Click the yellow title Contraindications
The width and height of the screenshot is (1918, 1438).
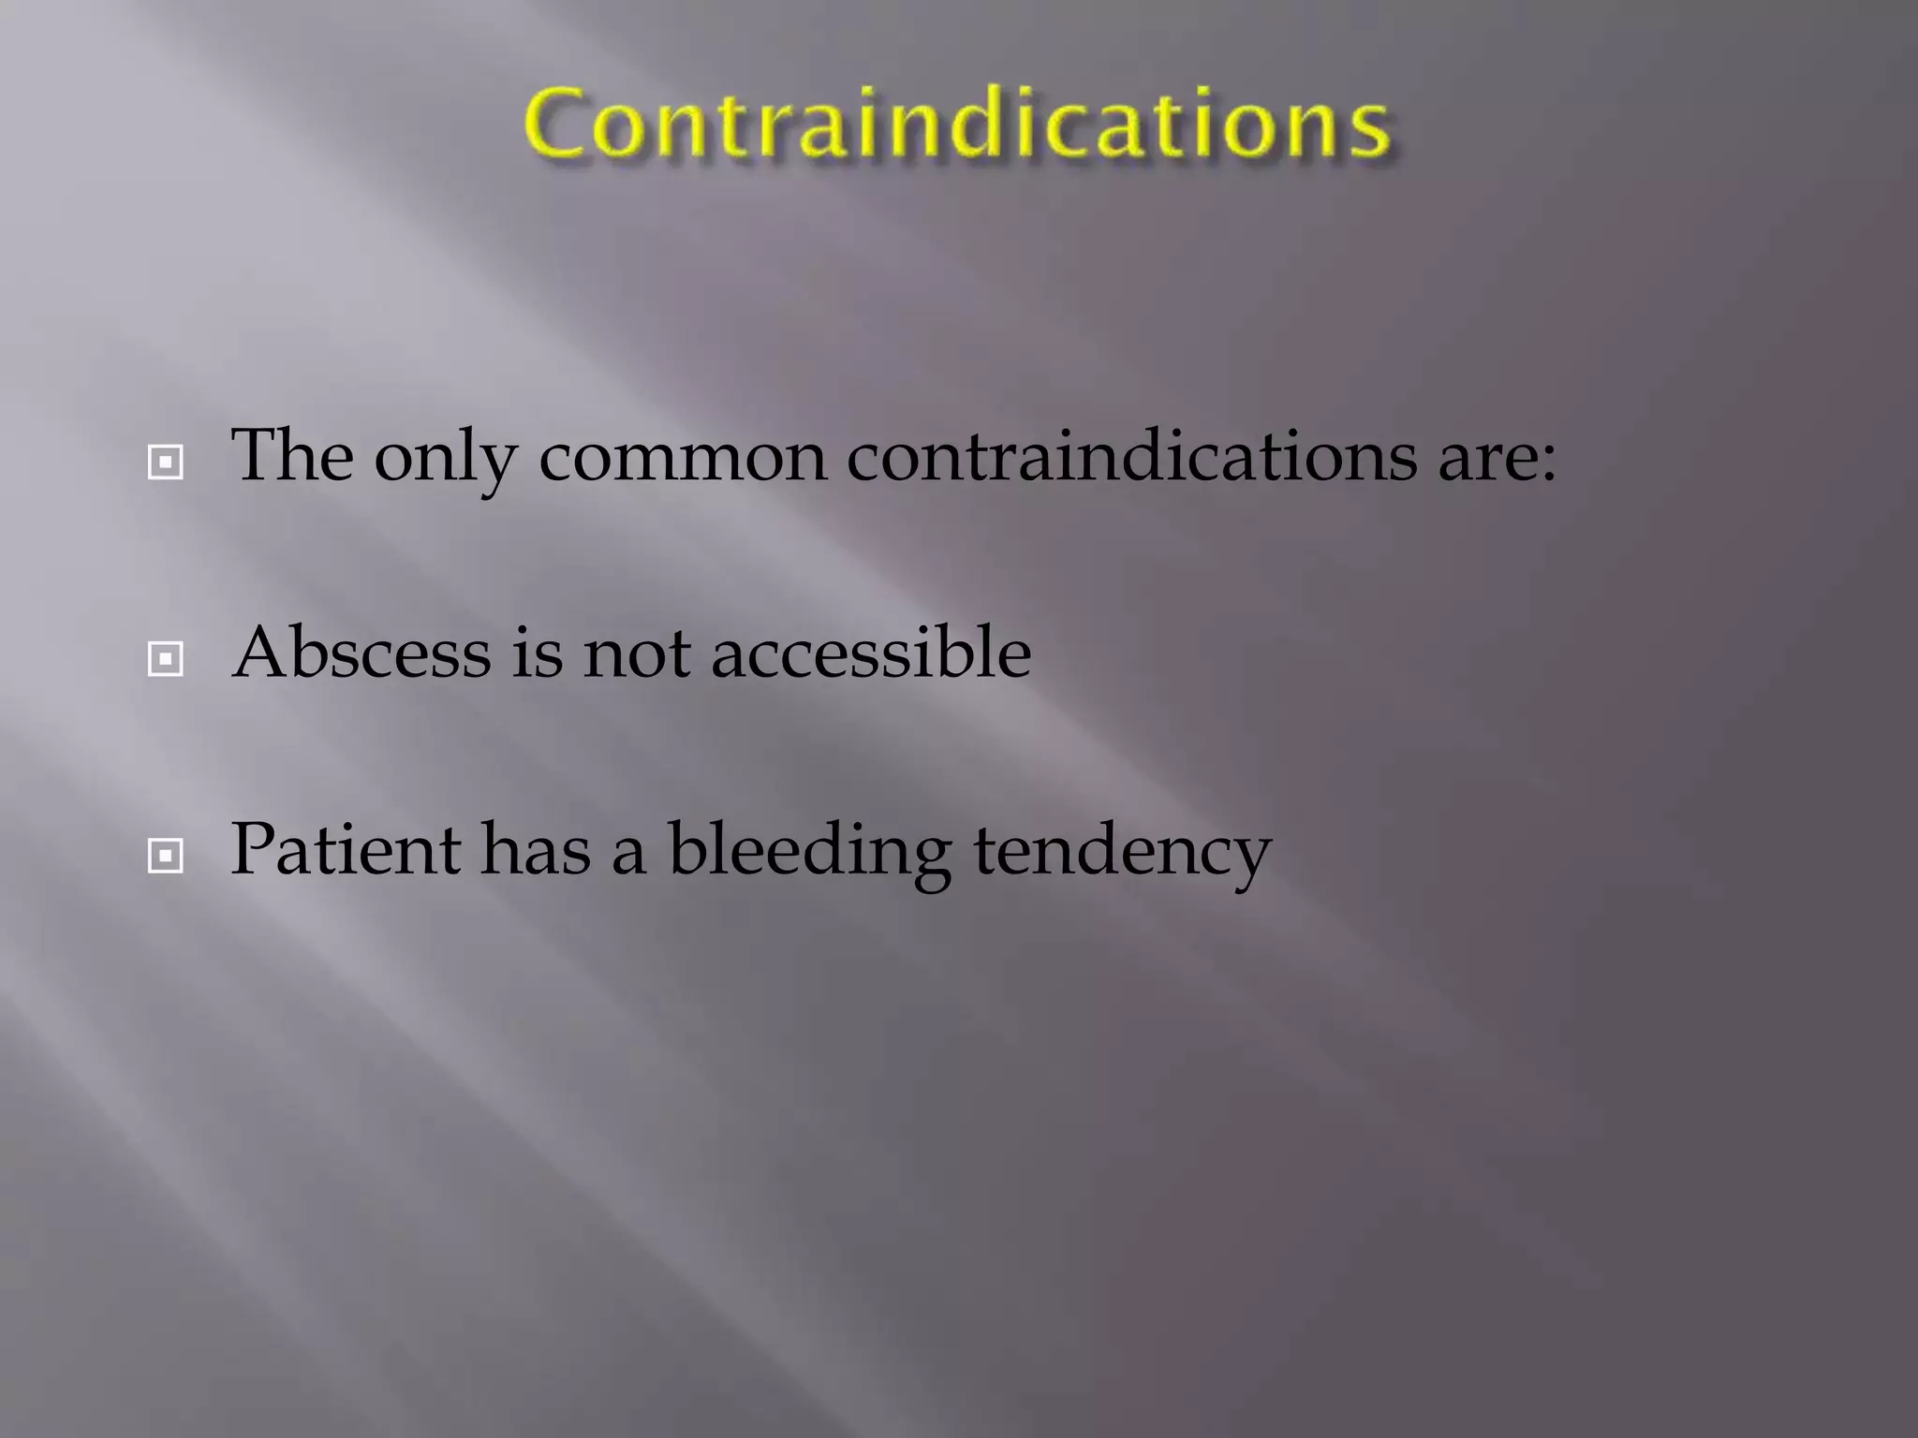coord(957,124)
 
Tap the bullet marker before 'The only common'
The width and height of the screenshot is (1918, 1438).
coord(166,462)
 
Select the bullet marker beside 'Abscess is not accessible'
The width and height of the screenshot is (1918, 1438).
coord(166,659)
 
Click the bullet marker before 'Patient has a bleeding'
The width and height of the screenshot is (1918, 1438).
coord(166,855)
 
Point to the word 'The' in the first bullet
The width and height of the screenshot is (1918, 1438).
coord(292,456)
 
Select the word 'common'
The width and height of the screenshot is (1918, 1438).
coord(683,459)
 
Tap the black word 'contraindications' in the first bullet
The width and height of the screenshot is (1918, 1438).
coord(1131,456)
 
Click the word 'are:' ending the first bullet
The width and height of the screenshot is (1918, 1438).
coord(1497,459)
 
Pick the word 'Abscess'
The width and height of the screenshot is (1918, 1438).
coord(361,653)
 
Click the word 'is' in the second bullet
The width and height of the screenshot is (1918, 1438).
coord(537,653)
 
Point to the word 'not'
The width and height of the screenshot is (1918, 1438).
coord(637,653)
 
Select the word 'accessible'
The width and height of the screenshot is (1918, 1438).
coord(871,653)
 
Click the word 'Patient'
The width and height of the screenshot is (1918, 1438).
coord(346,849)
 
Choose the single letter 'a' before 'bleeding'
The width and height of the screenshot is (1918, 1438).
coord(628,854)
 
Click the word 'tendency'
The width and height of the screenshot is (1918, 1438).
coord(1122,852)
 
